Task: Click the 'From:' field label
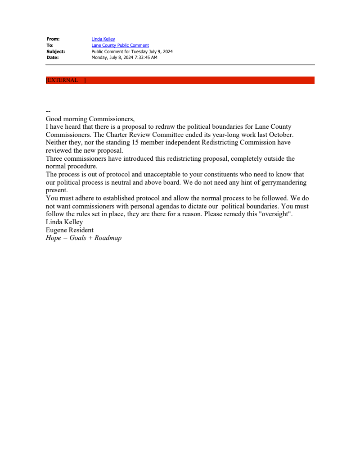pos(53,39)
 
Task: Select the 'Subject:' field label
pos(56,51)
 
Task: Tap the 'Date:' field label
pos(53,58)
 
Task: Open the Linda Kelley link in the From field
pos(103,39)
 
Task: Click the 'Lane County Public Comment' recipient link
pos(120,45)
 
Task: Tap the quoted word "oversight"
pos(277,214)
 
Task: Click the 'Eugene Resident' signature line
pos(70,230)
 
